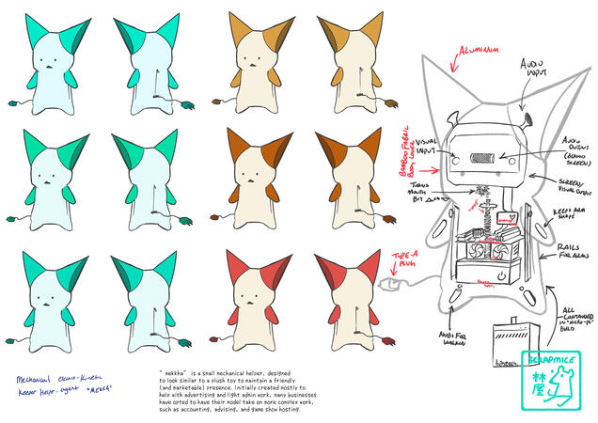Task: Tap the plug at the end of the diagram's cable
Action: (382, 283)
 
